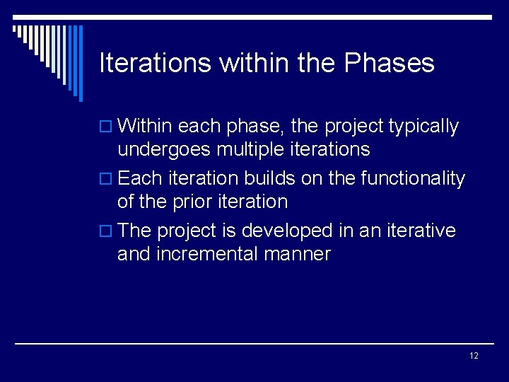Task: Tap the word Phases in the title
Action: point(389,63)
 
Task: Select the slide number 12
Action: point(474,355)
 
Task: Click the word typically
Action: point(423,127)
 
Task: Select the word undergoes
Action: point(164,149)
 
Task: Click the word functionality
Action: point(413,178)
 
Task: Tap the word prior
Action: point(189,202)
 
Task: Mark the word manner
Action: point(301,254)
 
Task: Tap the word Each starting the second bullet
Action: point(140,178)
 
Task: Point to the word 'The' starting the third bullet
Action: point(135,231)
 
